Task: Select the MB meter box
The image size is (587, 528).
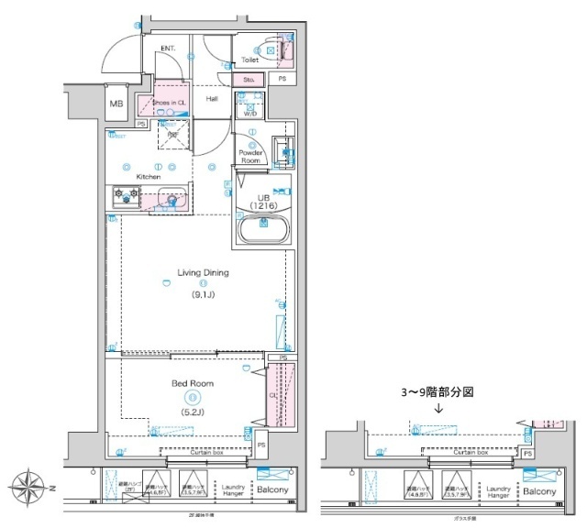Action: (116, 104)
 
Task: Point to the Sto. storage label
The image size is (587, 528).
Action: (249, 81)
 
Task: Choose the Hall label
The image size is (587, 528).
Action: (212, 98)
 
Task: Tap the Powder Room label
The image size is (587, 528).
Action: (251, 156)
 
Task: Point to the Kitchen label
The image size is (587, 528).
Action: (150, 176)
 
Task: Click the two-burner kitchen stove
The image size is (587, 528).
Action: (126, 194)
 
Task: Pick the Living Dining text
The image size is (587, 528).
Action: (203, 272)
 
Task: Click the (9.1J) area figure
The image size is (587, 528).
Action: (203, 295)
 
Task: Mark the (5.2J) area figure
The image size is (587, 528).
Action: (191, 412)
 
